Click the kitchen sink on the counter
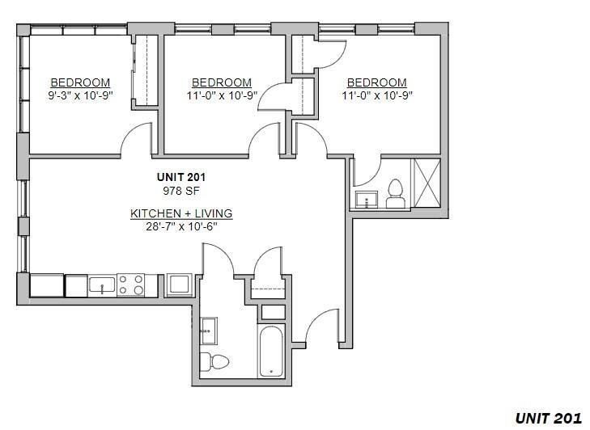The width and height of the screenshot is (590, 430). [102, 285]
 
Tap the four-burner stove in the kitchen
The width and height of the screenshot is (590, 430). [130, 285]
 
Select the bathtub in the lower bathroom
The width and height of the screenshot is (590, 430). [270, 351]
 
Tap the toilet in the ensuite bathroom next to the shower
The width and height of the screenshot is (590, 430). [396, 194]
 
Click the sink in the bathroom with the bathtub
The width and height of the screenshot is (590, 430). [207, 328]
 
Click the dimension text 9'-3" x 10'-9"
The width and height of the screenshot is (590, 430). [80, 95]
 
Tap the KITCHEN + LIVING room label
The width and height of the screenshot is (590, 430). [181, 213]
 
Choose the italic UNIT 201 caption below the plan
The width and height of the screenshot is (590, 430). [548, 417]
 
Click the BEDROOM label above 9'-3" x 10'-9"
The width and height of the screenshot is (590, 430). [80, 82]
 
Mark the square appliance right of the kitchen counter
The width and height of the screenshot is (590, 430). [178, 285]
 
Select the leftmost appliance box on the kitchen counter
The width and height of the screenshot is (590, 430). [47, 285]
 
